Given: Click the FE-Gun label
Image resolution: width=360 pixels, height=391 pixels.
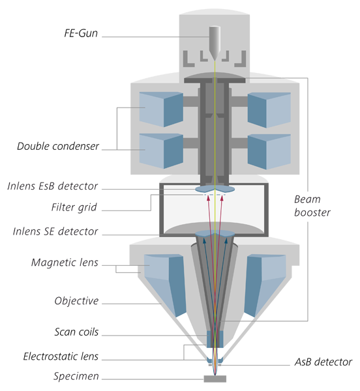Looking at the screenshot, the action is coord(81,33).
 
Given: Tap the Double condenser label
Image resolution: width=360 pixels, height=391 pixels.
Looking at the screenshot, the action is coord(58,146).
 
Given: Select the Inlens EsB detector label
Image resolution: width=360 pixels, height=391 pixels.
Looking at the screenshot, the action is coord(52,186).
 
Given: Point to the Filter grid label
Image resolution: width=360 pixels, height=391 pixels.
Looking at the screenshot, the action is coord(74,207).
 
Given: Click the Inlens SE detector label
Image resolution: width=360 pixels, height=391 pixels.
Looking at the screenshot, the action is coord(55,231).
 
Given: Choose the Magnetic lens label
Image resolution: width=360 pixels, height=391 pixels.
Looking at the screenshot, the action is coord(65,263).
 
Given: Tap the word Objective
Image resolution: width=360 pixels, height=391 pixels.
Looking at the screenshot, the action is coord(76,300).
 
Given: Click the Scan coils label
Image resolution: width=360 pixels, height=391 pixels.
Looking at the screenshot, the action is coord(76,332).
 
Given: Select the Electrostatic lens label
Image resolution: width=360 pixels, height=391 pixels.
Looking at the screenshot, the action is coord(61,356).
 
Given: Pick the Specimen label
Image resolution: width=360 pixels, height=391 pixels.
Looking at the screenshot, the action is coord(76,376).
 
